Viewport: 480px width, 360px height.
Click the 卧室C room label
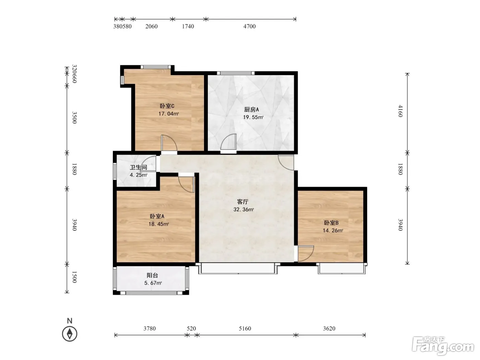click(x=167, y=106)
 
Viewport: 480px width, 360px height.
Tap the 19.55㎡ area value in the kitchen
click(x=253, y=117)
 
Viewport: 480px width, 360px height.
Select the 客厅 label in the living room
click(x=243, y=202)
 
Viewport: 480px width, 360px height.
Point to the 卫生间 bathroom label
click(x=139, y=167)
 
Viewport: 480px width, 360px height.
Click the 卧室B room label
click(x=331, y=223)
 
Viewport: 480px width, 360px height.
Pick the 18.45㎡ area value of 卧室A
click(x=158, y=224)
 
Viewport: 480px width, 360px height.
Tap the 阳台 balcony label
click(x=152, y=275)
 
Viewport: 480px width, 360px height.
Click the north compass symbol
click(x=70, y=334)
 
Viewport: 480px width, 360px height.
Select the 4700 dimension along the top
click(x=250, y=26)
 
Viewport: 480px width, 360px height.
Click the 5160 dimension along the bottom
click(x=245, y=328)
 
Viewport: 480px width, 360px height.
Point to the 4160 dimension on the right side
click(x=400, y=111)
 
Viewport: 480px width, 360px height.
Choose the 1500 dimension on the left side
click(x=74, y=277)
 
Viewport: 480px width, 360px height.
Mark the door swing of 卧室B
click(x=306, y=254)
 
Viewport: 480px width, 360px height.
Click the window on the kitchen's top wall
click(x=236, y=73)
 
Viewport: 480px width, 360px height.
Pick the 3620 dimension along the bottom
click(x=329, y=328)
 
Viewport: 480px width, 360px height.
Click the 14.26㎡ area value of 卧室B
click(x=333, y=230)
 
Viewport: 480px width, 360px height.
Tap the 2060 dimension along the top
click(x=152, y=26)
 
